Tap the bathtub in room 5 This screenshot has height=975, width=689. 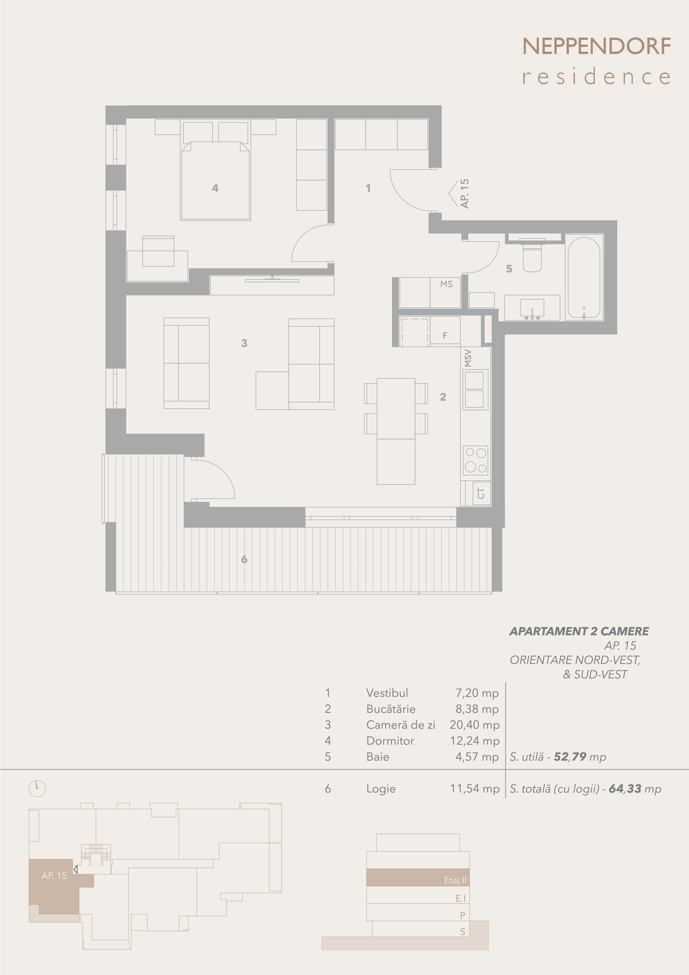(584, 277)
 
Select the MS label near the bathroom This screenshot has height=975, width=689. (446, 284)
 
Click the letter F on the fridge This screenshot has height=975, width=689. (445, 336)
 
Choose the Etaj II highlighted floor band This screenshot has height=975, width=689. (418, 877)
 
